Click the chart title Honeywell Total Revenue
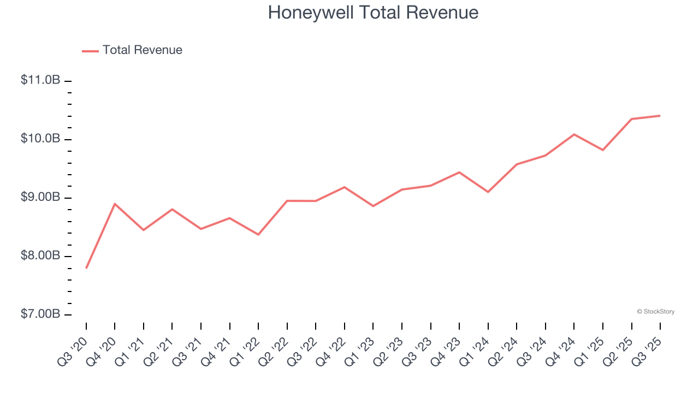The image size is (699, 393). tap(373, 13)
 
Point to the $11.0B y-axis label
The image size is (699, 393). tap(40, 80)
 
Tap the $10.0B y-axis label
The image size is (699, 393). tap(40, 139)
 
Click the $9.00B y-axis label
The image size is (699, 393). tap(40, 197)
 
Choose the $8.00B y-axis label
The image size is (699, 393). tap(40, 255)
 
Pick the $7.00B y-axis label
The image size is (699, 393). tap(40, 314)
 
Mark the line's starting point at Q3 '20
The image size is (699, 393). tap(86, 268)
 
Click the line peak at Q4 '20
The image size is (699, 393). tap(115, 204)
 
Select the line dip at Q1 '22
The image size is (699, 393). tap(258, 235)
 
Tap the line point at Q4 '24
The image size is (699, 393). tap(574, 134)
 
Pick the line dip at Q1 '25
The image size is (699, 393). tap(603, 150)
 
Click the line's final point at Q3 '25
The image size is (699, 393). tap(660, 116)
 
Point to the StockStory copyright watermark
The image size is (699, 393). tap(655, 312)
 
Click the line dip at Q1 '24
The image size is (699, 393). tap(488, 192)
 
